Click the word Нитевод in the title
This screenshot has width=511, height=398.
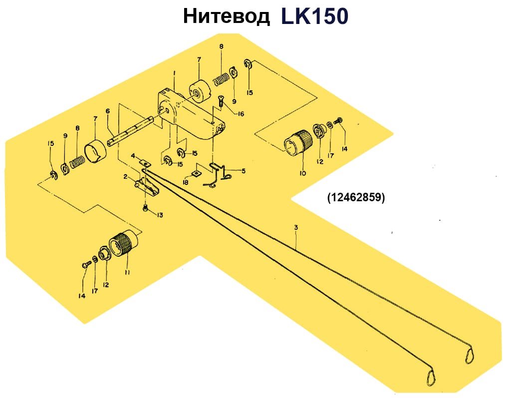[x=226, y=16]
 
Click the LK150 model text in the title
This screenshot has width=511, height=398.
[x=314, y=16]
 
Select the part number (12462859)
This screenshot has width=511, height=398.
[x=356, y=197]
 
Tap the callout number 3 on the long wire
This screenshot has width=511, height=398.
[x=296, y=228]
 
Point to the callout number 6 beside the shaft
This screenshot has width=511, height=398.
[x=107, y=111]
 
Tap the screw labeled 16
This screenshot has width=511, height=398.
[x=221, y=101]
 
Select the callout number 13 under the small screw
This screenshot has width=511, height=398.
[x=160, y=215]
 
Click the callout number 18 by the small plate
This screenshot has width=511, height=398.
[x=186, y=183]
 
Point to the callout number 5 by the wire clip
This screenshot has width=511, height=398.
[x=244, y=171]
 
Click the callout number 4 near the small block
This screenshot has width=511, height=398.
[x=133, y=156]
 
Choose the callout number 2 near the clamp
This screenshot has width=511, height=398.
[x=126, y=177]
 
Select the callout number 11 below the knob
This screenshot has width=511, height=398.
[x=127, y=272]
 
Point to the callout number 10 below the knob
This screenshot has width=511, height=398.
[x=303, y=173]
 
